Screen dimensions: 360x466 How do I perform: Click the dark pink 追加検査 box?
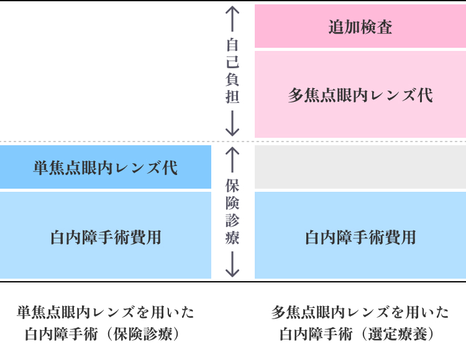coord(360,27)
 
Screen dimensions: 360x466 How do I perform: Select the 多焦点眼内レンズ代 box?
coord(360,94)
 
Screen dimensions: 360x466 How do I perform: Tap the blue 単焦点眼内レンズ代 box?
coord(105,167)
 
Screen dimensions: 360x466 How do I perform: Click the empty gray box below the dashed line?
coord(360,167)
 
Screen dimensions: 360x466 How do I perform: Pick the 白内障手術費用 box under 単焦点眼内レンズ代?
coord(105,236)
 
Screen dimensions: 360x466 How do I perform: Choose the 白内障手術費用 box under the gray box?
coord(360,236)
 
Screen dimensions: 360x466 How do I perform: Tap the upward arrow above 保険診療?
coord(232,160)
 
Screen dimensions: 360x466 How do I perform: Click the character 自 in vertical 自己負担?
coord(232,45)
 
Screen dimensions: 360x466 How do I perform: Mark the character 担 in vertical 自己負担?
coord(232,97)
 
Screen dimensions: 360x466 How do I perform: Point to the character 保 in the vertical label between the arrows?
coord(232,186)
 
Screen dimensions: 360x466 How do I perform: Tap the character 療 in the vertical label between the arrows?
coord(232,238)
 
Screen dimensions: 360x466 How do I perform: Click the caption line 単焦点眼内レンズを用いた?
coord(105,312)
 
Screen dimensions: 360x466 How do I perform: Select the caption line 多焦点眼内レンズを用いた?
coord(360,312)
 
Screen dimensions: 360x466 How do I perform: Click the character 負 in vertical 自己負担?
coord(232,79)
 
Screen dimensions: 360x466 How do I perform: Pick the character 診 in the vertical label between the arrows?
coord(232,220)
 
